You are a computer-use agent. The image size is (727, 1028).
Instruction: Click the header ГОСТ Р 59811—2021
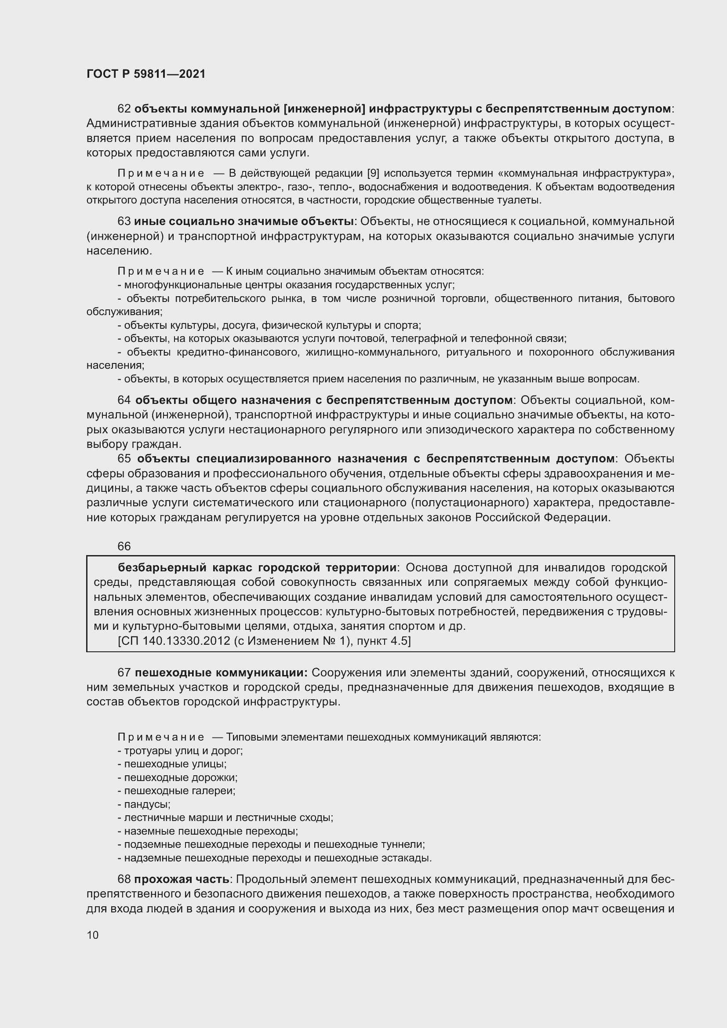146,74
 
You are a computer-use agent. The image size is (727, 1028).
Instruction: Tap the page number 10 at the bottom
93,935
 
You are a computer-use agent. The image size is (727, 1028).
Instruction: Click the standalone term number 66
124,546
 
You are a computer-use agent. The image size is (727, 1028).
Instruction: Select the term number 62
124,109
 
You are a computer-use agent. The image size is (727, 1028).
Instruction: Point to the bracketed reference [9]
373,173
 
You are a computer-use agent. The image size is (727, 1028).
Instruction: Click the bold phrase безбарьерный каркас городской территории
257,568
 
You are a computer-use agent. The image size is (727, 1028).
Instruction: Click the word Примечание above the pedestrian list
161,737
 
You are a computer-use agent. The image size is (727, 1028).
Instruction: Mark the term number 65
124,458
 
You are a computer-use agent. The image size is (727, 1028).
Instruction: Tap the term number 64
124,400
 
